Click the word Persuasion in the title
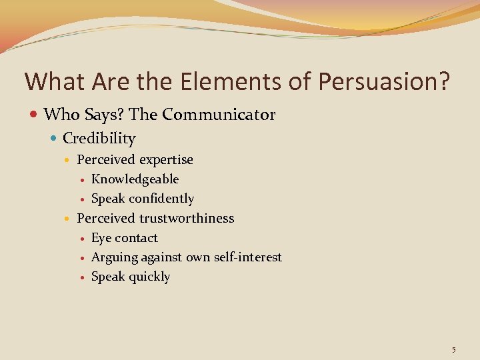pos(384,82)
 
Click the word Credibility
pos(99,139)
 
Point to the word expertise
pos(167,160)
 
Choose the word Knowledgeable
pos(135,179)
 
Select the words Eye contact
pos(124,238)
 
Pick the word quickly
pos(149,277)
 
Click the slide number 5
pos(453,349)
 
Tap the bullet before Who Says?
pos(33,115)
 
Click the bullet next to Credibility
pos(53,139)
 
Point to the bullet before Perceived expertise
pos(68,161)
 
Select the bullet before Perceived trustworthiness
pos(68,219)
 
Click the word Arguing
pos(114,257)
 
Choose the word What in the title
pos(49,82)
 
